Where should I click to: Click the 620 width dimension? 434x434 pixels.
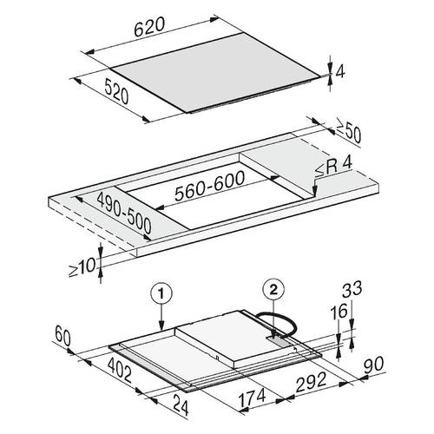149,27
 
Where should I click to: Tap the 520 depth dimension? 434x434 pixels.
116,91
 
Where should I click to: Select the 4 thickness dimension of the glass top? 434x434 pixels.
340,71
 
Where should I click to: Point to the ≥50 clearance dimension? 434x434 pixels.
348,131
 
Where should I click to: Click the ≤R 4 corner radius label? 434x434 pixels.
333,168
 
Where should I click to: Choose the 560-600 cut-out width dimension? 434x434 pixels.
210,186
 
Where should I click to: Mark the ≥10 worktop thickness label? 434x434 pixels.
82,266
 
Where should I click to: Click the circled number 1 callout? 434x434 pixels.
161,293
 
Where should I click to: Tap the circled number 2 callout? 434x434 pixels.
273,290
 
